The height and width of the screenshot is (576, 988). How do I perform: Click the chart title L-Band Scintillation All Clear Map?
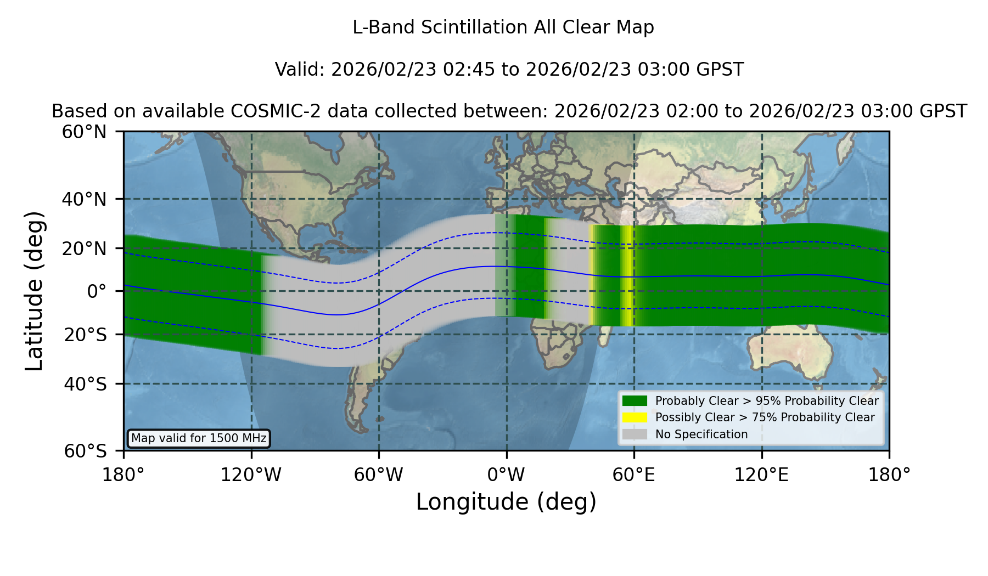pyautogui.click(x=503, y=27)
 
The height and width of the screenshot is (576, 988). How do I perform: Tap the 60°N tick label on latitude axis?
pyautogui.click(x=84, y=132)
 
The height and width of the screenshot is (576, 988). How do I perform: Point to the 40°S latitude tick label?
pyautogui.click(x=85, y=384)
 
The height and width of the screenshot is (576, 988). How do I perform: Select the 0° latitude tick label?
pyautogui.click(x=97, y=291)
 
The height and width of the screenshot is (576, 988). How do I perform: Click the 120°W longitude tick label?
pyautogui.click(x=251, y=475)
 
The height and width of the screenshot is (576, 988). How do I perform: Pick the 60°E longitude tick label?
pyautogui.click(x=634, y=475)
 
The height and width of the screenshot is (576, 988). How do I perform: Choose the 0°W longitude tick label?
pyautogui.click(x=506, y=475)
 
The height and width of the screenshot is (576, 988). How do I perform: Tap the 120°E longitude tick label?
pyautogui.click(x=761, y=475)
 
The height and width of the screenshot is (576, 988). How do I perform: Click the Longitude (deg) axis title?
pyautogui.click(x=506, y=502)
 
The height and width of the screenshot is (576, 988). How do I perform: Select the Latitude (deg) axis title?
pyautogui.click(x=34, y=291)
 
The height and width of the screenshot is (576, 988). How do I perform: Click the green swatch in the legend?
pyautogui.click(x=635, y=400)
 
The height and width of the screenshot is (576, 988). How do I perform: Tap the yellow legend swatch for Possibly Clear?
pyautogui.click(x=635, y=417)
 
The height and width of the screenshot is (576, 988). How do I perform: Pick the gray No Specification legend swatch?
pyautogui.click(x=635, y=434)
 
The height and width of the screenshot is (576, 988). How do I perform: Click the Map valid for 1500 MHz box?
pyautogui.click(x=199, y=438)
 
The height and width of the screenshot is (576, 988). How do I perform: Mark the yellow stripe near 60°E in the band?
pyautogui.click(x=627, y=276)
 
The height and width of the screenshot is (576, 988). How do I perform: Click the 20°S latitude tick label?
pyautogui.click(x=85, y=335)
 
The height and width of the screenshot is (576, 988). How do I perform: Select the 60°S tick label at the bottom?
pyautogui.click(x=85, y=451)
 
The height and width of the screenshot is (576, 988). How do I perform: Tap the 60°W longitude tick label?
pyautogui.click(x=378, y=475)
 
